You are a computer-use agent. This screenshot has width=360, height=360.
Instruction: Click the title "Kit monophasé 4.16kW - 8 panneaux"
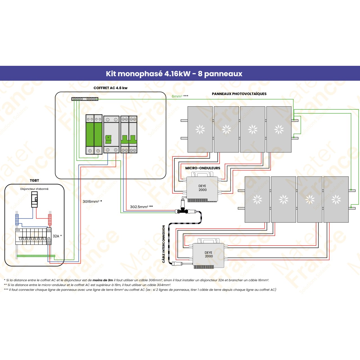[174, 74]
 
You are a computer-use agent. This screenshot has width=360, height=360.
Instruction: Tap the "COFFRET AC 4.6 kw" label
[110, 88]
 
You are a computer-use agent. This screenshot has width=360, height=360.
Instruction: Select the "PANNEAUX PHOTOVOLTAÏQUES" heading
[239, 94]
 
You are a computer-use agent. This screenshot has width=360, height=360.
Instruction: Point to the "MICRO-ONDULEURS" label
[202, 168]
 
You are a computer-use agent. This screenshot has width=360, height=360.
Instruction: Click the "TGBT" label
[34, 181]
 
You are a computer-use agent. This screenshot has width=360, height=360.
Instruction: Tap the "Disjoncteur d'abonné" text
[34, 189]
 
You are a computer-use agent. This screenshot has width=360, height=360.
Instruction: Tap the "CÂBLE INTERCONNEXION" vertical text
[164, 244]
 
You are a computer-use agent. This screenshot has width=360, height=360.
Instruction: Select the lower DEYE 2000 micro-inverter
[208, 255]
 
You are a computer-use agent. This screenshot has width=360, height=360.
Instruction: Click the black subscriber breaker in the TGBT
[34, 199]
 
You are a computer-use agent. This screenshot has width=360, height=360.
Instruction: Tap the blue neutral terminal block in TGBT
[17, 219]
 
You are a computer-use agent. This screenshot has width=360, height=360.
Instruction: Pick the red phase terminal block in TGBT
[50, 219]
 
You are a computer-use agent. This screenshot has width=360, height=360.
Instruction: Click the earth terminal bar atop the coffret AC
[85, 99]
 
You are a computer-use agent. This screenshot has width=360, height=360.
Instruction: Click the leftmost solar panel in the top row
[200, 129]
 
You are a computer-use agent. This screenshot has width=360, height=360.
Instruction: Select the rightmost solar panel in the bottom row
[336, 199]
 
